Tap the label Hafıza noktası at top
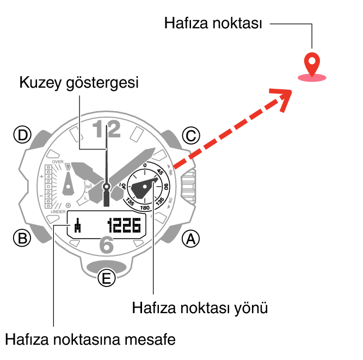[213, 24]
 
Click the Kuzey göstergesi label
[79, 83]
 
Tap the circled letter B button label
[22, 238]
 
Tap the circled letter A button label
[190, 238]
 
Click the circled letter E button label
[107, 279]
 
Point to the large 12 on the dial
[106, 130]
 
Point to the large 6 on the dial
[107, 246]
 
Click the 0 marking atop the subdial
[145, 166]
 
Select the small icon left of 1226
[78, 224]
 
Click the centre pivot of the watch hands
[107, 187]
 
